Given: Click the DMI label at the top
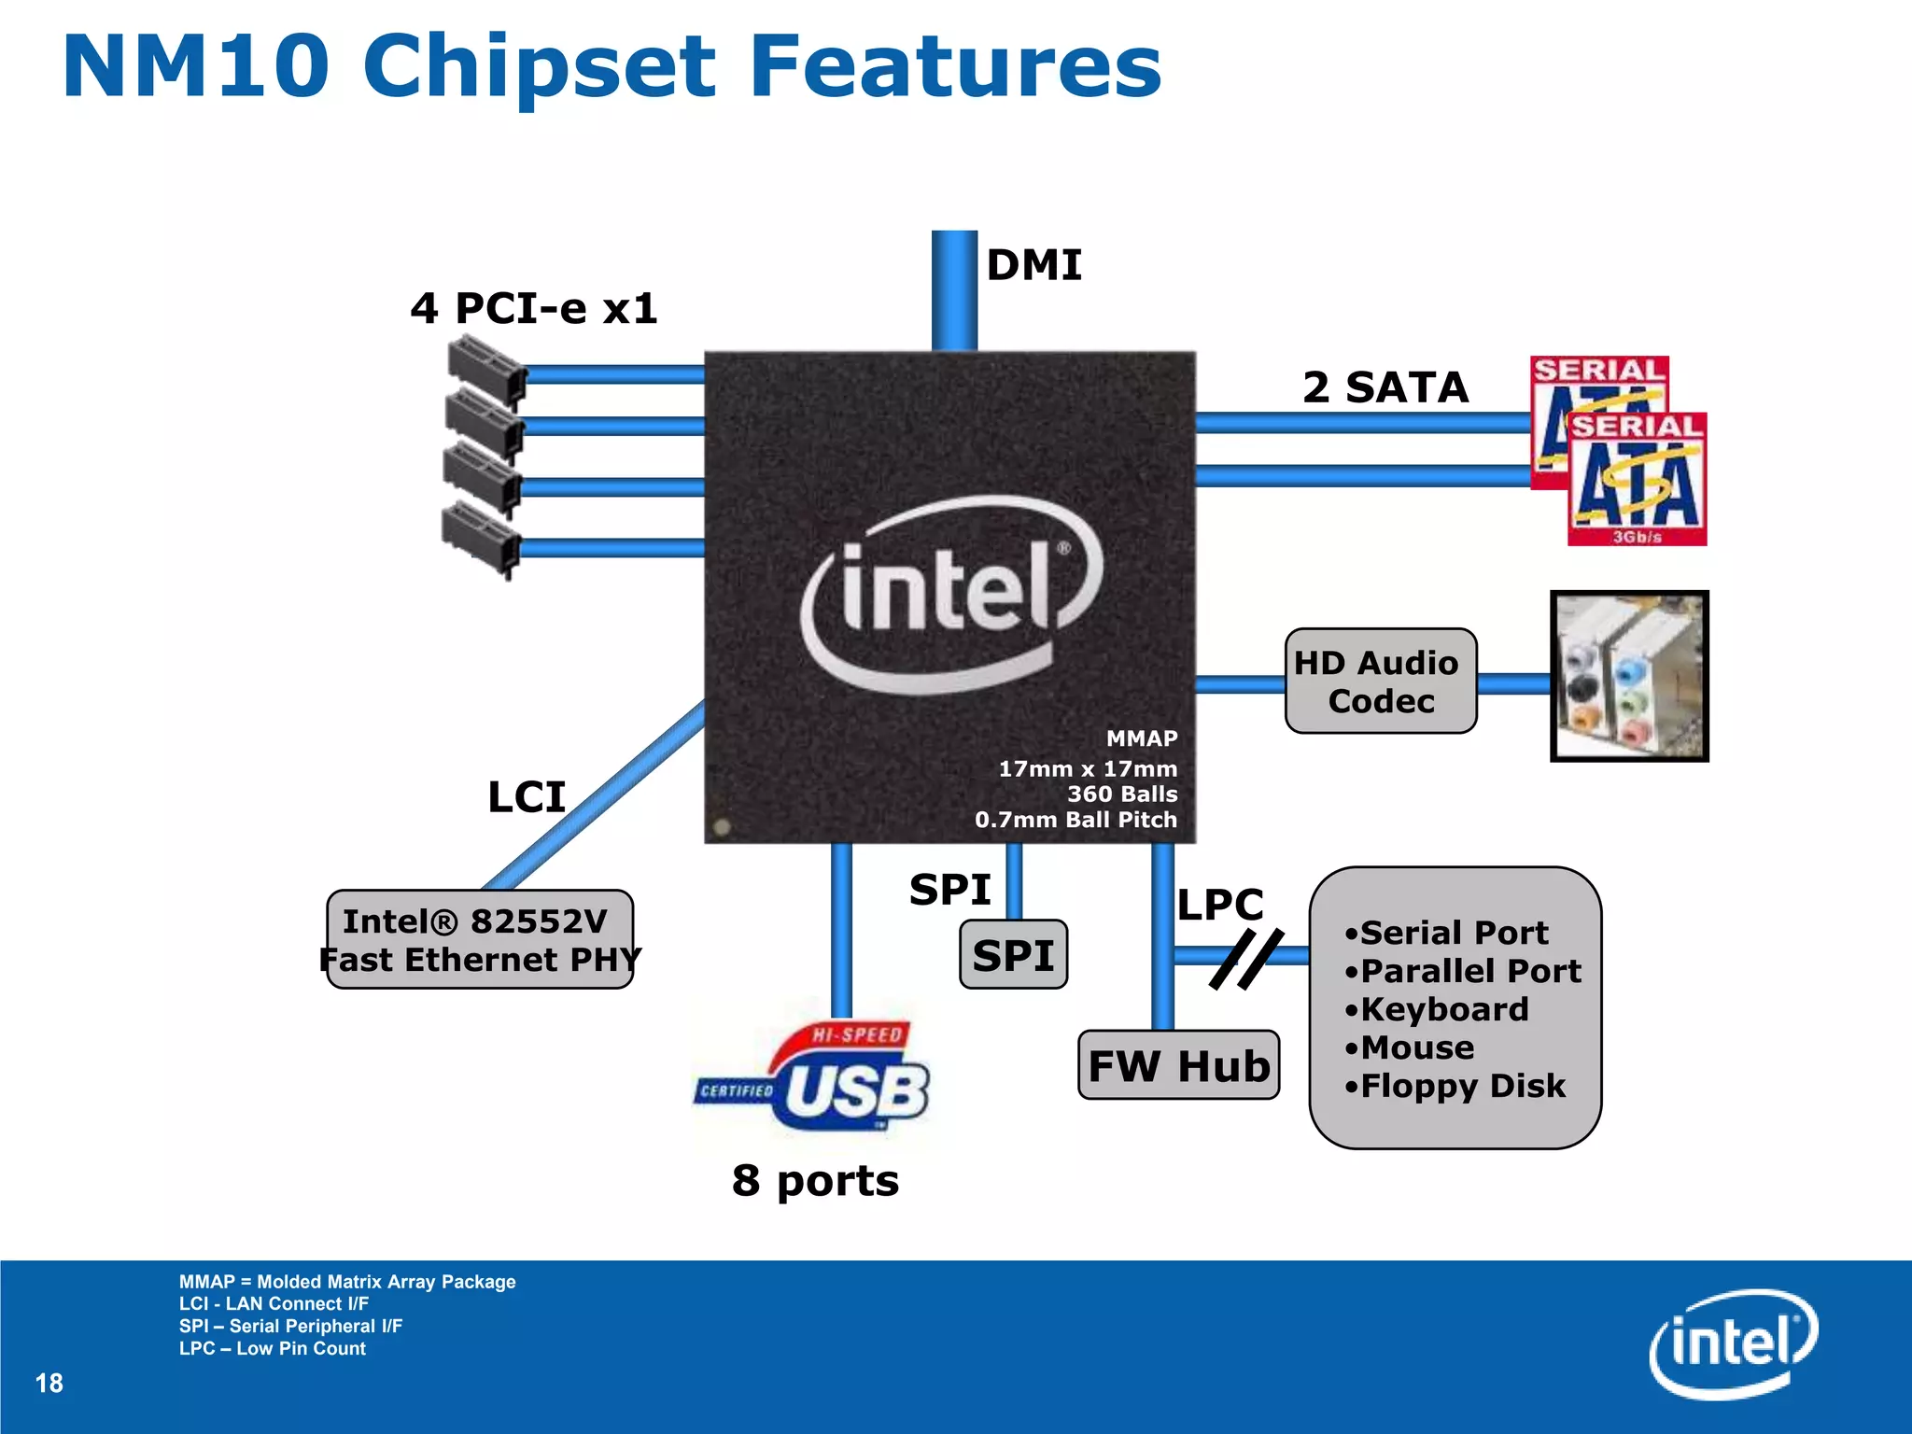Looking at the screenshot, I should coord(1033,265).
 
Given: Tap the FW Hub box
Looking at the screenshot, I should coord(1178,1065).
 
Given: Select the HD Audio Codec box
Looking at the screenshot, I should coord(1380,682).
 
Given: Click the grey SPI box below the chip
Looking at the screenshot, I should coord(1013,955).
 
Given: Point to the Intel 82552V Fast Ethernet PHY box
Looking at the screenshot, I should coord(479,939).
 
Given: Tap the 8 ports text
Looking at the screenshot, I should coord(815,1180).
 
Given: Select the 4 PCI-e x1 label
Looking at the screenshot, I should coord(534,308).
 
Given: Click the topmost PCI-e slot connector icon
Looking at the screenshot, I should coord(485,371).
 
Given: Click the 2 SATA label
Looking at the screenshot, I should coord(1385,387).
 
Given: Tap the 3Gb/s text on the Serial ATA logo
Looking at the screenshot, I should coord(1637,537).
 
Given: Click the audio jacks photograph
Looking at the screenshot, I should coord(1629,676).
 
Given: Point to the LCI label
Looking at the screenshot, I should coord(527,796).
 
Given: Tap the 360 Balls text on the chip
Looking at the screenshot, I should coord(1121,794).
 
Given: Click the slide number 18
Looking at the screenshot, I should coord(49,1383).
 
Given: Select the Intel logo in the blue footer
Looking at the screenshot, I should coord(1733,1343).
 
